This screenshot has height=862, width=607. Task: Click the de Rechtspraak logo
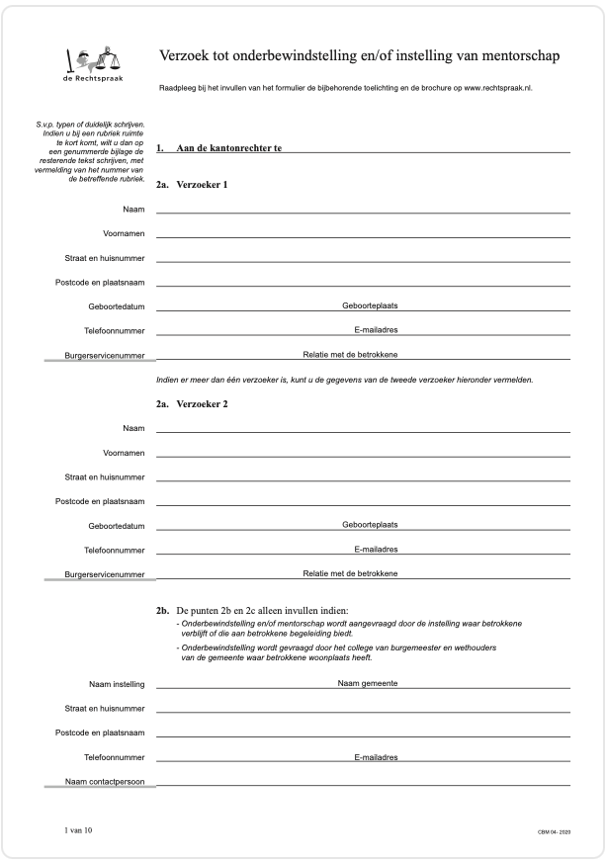pos(95,64)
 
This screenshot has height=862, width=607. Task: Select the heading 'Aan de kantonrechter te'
pos(229,148)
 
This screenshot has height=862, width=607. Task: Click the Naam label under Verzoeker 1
pos(133,209)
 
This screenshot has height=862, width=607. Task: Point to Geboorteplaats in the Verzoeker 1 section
pos(370,305)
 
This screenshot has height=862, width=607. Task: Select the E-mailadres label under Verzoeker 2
pos(376,549)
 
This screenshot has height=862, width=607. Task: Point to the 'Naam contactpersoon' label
pos(105,781)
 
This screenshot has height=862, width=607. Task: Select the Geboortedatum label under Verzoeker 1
pos(117,306)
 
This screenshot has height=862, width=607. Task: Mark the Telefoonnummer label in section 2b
pos(111,757)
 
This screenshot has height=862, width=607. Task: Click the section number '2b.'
pos(163,611)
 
